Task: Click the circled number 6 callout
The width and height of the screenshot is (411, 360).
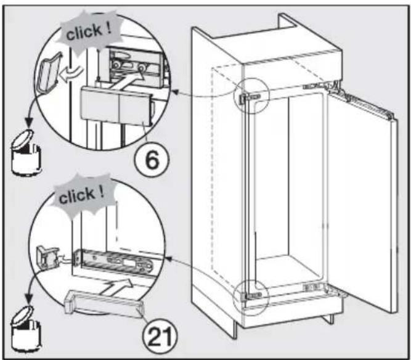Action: tap(152, 159)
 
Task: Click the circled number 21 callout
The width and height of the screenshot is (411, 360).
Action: tap(160, 335)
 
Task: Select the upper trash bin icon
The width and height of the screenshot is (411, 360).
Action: tap(26, 152)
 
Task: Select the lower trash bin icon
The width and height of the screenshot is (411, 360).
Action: tap(26, 328)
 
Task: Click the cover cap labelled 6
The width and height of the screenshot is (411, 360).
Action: tap(116, 107)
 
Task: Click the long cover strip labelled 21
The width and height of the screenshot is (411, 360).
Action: tap(104, 304)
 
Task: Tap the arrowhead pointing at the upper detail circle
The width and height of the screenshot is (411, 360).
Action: tap(175, 92)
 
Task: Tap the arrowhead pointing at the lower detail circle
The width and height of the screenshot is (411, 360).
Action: tap(169, 259)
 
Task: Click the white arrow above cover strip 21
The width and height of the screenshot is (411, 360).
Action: tap(117, 287)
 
